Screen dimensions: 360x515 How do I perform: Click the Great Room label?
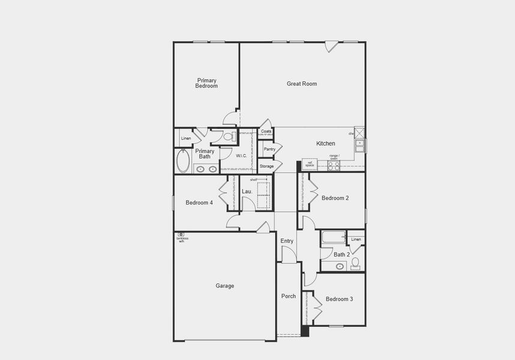click(301, 84)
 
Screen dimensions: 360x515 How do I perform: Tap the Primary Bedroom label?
click(206, 83)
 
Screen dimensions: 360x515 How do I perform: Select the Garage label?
click(225, 286)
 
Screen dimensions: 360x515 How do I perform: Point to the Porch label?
click(289, 296)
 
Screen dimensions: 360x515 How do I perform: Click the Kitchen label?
click(326, 144)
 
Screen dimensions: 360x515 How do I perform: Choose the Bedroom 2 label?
click(335, 199)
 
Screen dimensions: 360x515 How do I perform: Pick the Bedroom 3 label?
click(339, 299)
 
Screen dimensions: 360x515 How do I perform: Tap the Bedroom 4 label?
click(199, 203)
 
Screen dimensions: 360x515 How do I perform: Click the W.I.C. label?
click(241, 156)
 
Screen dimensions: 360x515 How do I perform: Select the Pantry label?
click(270, 149)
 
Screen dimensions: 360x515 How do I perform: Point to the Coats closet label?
click(266, 131)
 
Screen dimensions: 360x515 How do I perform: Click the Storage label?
click(267, 166)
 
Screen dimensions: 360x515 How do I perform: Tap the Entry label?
click(287, 241)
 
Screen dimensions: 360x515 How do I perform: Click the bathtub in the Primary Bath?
click(183, 161)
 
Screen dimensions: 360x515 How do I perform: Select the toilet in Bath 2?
click(355, 262)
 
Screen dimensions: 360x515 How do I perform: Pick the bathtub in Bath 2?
click(333, 237)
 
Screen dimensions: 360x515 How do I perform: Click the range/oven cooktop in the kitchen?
click(334, 166)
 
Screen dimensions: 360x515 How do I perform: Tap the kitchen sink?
click(360, 145)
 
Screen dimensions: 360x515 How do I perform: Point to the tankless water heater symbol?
click(181, 234)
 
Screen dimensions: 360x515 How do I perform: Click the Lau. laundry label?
click(246, 192)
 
